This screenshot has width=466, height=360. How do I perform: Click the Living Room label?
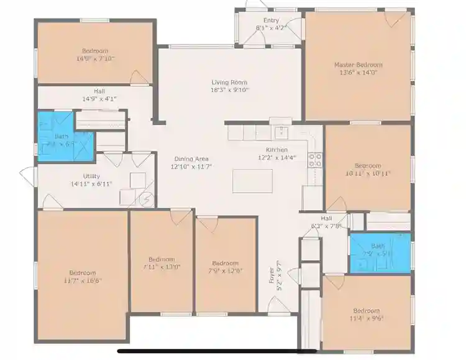[x=229, y=82]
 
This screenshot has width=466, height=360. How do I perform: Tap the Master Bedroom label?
[x=358, y=65]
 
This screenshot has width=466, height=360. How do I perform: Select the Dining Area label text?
[x=191, y=159]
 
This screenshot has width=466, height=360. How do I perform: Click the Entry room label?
[x=271, y=21]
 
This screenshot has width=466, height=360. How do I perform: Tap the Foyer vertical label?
[x=272, y=280]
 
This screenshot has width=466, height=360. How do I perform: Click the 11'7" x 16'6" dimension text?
[x=83, y=280]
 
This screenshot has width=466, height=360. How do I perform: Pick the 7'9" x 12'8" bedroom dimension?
[x=225, y=270]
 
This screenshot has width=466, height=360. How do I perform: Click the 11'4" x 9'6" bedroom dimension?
[x=366, y=318]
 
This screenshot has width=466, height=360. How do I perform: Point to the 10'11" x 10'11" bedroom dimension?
[x=368, y=173]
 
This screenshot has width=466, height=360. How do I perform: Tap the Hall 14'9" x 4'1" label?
[x=99, y=98]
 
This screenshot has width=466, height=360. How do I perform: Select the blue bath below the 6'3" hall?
[x=379, y=252]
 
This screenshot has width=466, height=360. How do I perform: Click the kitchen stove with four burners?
[x=315, y=160]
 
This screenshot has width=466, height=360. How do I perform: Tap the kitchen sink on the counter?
[x=281, y=132]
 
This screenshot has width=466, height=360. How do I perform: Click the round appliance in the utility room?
[x=147, y=200]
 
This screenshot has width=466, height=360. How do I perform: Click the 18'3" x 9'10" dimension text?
[x=229, y=90]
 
